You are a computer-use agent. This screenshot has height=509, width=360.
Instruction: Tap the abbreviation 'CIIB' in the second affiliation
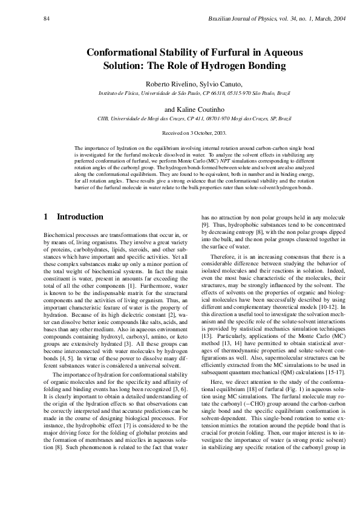pyautogui.click(x=104, y=119)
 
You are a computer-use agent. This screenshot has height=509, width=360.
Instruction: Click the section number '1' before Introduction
pyautogui.click(x=47, y=216)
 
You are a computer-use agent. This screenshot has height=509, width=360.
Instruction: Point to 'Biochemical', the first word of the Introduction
pyautogui.click(x=59, y=234)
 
